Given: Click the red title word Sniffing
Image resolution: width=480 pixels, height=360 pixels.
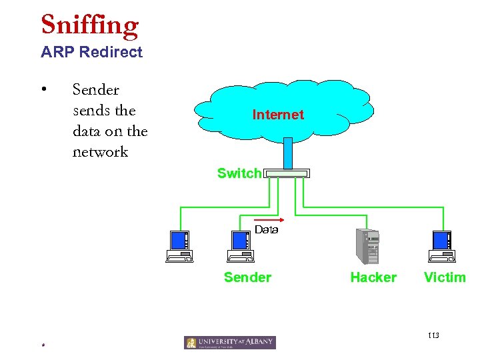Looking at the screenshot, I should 89,25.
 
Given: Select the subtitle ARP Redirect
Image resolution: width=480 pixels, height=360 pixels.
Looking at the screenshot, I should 91,52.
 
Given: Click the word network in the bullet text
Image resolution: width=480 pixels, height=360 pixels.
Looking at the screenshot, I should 100,152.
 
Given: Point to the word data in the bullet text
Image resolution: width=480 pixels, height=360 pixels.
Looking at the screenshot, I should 87,131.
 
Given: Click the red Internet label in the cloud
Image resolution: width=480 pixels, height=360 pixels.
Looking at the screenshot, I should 278,115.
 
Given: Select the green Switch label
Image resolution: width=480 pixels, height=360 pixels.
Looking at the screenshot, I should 239,173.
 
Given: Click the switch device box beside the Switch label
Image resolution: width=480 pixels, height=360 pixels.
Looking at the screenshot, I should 287,173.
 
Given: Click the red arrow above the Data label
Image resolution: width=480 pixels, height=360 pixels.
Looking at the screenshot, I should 269,219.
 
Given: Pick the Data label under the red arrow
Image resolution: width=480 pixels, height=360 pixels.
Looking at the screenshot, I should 266,230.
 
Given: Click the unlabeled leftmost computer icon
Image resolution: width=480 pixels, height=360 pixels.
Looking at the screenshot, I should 179,246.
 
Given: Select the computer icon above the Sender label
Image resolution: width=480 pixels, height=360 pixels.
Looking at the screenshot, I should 240,246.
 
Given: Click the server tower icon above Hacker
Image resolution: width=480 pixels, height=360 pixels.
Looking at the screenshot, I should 368,246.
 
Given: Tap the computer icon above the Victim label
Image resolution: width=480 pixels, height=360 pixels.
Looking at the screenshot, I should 442,246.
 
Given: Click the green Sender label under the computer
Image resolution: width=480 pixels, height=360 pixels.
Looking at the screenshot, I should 247,277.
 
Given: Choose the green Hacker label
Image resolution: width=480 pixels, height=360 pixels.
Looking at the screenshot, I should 373,277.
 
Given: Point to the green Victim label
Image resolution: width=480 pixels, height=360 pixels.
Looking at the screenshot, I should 445,277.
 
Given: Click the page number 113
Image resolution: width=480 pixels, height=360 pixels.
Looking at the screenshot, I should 434,335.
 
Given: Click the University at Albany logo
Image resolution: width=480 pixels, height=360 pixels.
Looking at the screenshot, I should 230,342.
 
